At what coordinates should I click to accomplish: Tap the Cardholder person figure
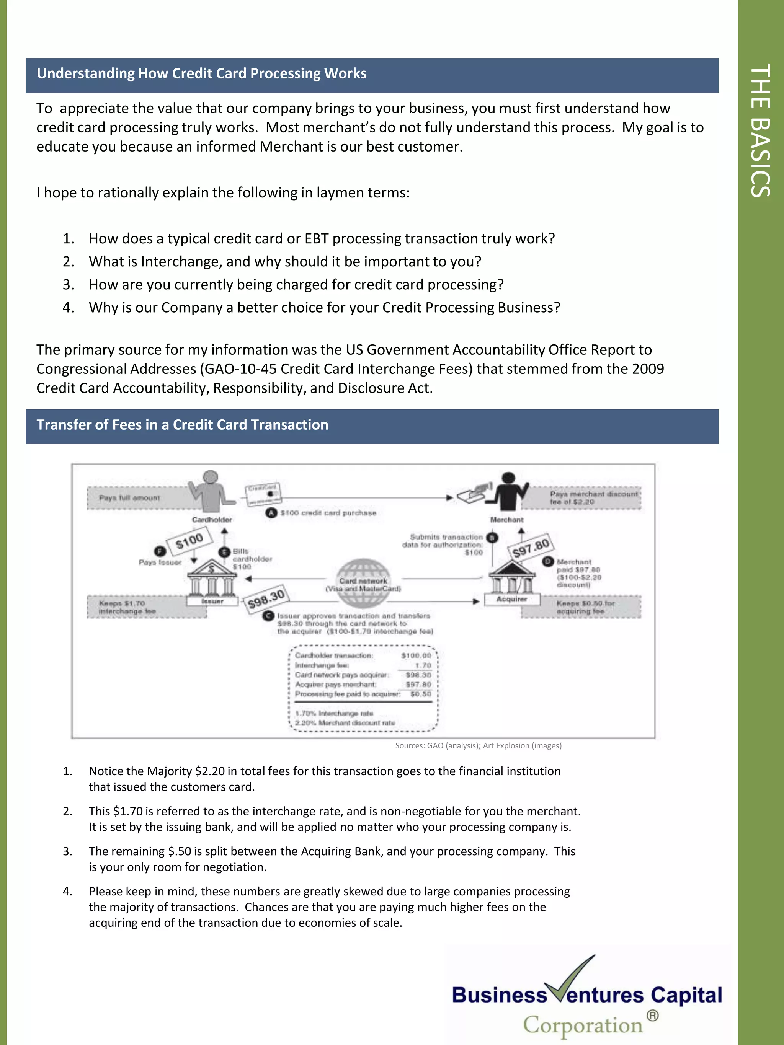pos(210,491)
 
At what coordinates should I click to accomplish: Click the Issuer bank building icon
pos(211,579)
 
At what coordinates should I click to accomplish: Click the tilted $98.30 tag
pos(266,599)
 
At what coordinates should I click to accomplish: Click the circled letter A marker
pos(271,513)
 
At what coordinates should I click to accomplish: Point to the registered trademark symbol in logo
pos(652,1015)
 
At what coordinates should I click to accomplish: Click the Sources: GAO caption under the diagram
pos(478,746)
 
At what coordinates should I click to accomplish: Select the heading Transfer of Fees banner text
pos(183,425)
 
